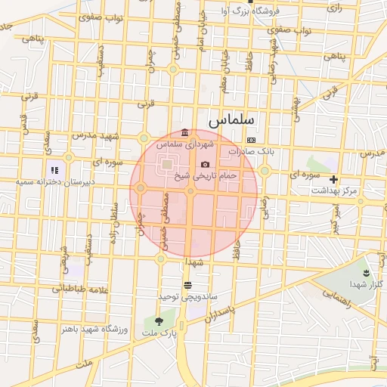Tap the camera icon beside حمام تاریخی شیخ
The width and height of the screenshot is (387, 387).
tap(205, 165)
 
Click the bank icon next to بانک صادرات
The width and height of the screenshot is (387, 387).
tap(251, 141)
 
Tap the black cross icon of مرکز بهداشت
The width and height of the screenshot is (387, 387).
tap(333, 179)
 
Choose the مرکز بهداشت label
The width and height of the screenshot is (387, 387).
tap(333, 190)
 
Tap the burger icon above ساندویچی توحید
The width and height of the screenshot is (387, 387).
tap(187, 285)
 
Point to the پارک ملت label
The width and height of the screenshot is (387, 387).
tap(159, 333)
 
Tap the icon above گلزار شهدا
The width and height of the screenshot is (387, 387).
tap(367, 273)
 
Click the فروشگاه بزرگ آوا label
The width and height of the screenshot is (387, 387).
tap(261, 11)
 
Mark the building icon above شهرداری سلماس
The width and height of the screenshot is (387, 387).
tap(185, 133)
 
